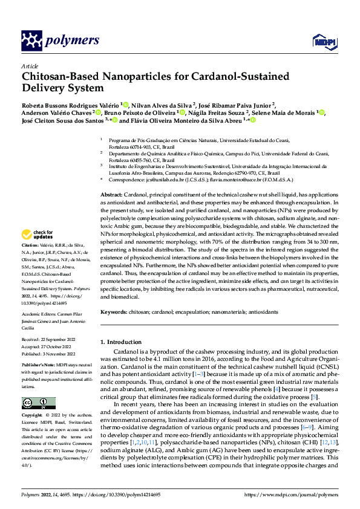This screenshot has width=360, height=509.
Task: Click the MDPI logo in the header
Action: [323, 41]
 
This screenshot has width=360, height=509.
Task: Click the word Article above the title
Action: [30, 66]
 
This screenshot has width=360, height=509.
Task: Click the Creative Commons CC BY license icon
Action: [39, 403]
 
